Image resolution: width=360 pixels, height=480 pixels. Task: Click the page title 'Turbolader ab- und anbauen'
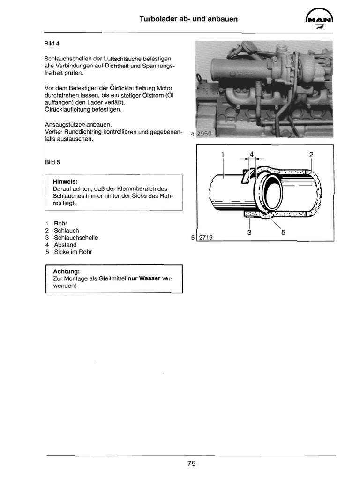coord(188,19)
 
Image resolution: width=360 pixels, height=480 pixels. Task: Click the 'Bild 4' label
coord(50,44)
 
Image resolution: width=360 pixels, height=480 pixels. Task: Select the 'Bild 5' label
coord(52,162)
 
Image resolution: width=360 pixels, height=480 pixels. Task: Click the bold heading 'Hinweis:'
coord(65,181)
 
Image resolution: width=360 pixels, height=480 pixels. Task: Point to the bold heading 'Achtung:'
coord(66,271)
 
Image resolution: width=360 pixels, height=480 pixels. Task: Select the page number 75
coord(191,464)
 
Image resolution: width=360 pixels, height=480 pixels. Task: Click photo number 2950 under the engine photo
coord(204,134)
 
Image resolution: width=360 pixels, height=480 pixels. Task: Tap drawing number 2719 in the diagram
coord(206,237)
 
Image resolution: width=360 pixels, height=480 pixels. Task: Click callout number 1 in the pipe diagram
coord(223,154)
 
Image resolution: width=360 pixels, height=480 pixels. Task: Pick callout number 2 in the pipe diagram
coord(311,154)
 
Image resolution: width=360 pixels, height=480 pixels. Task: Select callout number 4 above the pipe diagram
coord(252,154)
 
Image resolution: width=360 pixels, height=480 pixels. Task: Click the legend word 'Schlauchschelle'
coord(76,238)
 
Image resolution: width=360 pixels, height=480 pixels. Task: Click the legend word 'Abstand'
coord(65,245)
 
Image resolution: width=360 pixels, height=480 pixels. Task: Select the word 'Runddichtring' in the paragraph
coord(82,132)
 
